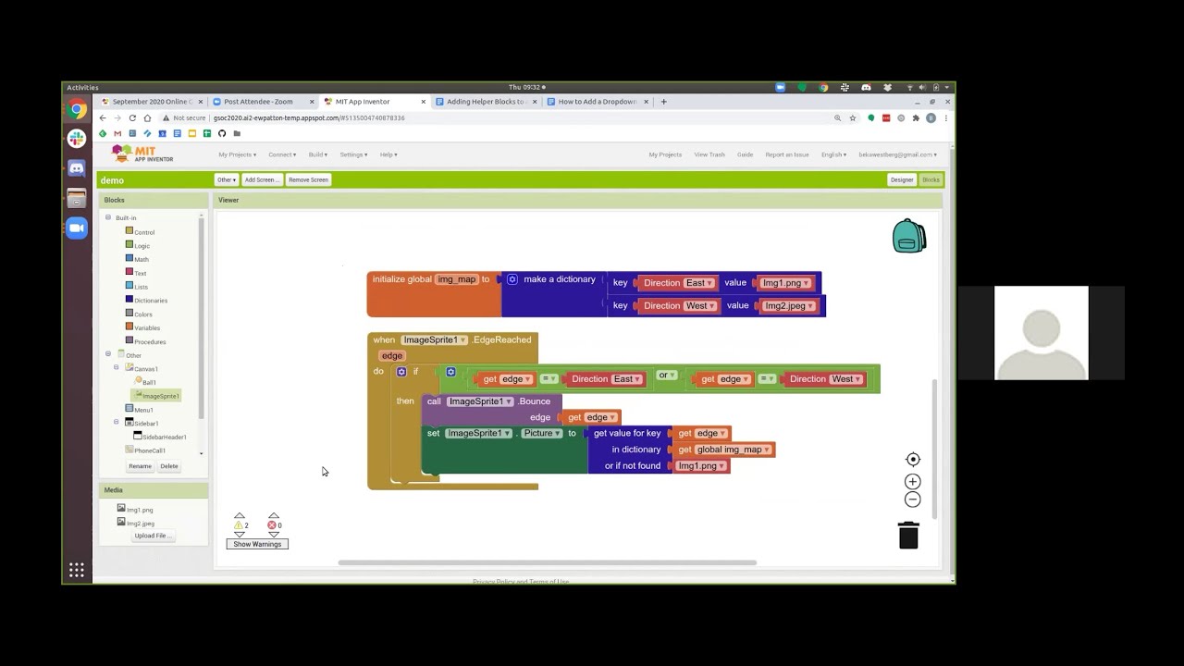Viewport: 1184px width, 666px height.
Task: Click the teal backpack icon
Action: pyautogui.click(x=908, y=237)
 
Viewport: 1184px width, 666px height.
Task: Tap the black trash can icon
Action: pyautogui.click(x=908, y=536)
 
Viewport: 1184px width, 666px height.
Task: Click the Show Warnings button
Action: pyautogui.click(x=257, y=544)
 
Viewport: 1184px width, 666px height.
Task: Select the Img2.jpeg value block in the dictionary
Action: pyautogui.click(x=788, y=306)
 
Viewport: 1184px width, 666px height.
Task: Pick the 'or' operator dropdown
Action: pyautogui.click(x=665, y=376)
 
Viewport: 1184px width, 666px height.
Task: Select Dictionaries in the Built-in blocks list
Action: pyautogui.click(x=150, y=301)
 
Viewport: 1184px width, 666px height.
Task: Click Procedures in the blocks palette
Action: pyautogui.click(x=149, y=341)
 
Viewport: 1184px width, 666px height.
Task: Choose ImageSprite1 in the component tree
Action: pyautogui.click(x=160, y=396)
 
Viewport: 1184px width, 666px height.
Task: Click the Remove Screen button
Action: pyautogui.click(x=308, y=179)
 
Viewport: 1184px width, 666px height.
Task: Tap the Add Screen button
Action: pyautogui.click(x=260, y=179)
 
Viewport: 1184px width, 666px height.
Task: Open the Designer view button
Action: pyautogui.click(x=901, y=179)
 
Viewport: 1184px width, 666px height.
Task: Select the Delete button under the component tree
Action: pyautogui.click(x=168, y=466)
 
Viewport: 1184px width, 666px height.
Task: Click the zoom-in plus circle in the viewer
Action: pyautogui.click(x=912, y=482)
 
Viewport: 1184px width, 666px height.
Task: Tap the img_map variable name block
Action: pyautogui.click(x=456, y=279)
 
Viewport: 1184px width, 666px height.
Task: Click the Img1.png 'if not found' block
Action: pyautogui.click(x=700, y=466)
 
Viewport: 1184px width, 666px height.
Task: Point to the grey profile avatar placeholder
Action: pyautogui.click(x=1042, y=333)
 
